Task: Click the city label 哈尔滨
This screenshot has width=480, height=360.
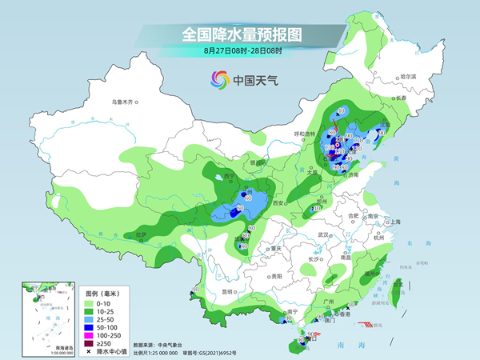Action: pyautogui.click(x=409, y=77)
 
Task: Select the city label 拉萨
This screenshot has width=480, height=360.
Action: pyautogui.click(x=142, y=234)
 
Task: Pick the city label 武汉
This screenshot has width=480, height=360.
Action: pyautogui.click(x=323, y=234)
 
